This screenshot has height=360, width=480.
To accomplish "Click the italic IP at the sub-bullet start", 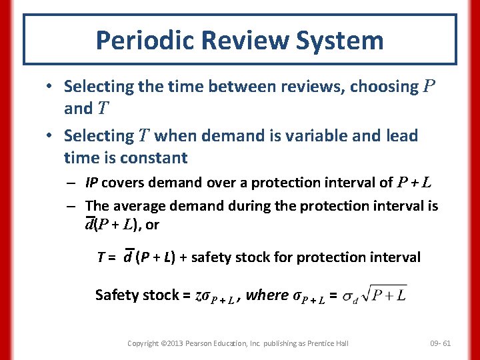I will [92, 183].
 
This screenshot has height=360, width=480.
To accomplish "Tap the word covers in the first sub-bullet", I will [123, 183].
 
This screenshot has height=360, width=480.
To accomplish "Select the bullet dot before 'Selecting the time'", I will [50, 87].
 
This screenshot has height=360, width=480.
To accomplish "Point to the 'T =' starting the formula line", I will [108, 257].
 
